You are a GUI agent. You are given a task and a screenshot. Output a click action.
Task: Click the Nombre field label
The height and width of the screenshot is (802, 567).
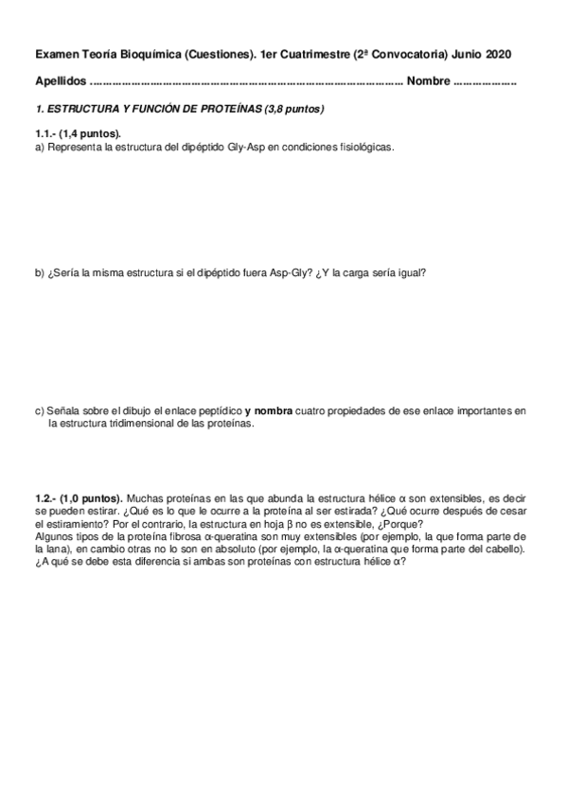[x=428, y=82]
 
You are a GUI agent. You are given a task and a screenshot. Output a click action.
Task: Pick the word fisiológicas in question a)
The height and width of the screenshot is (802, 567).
[x=366, y=148]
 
